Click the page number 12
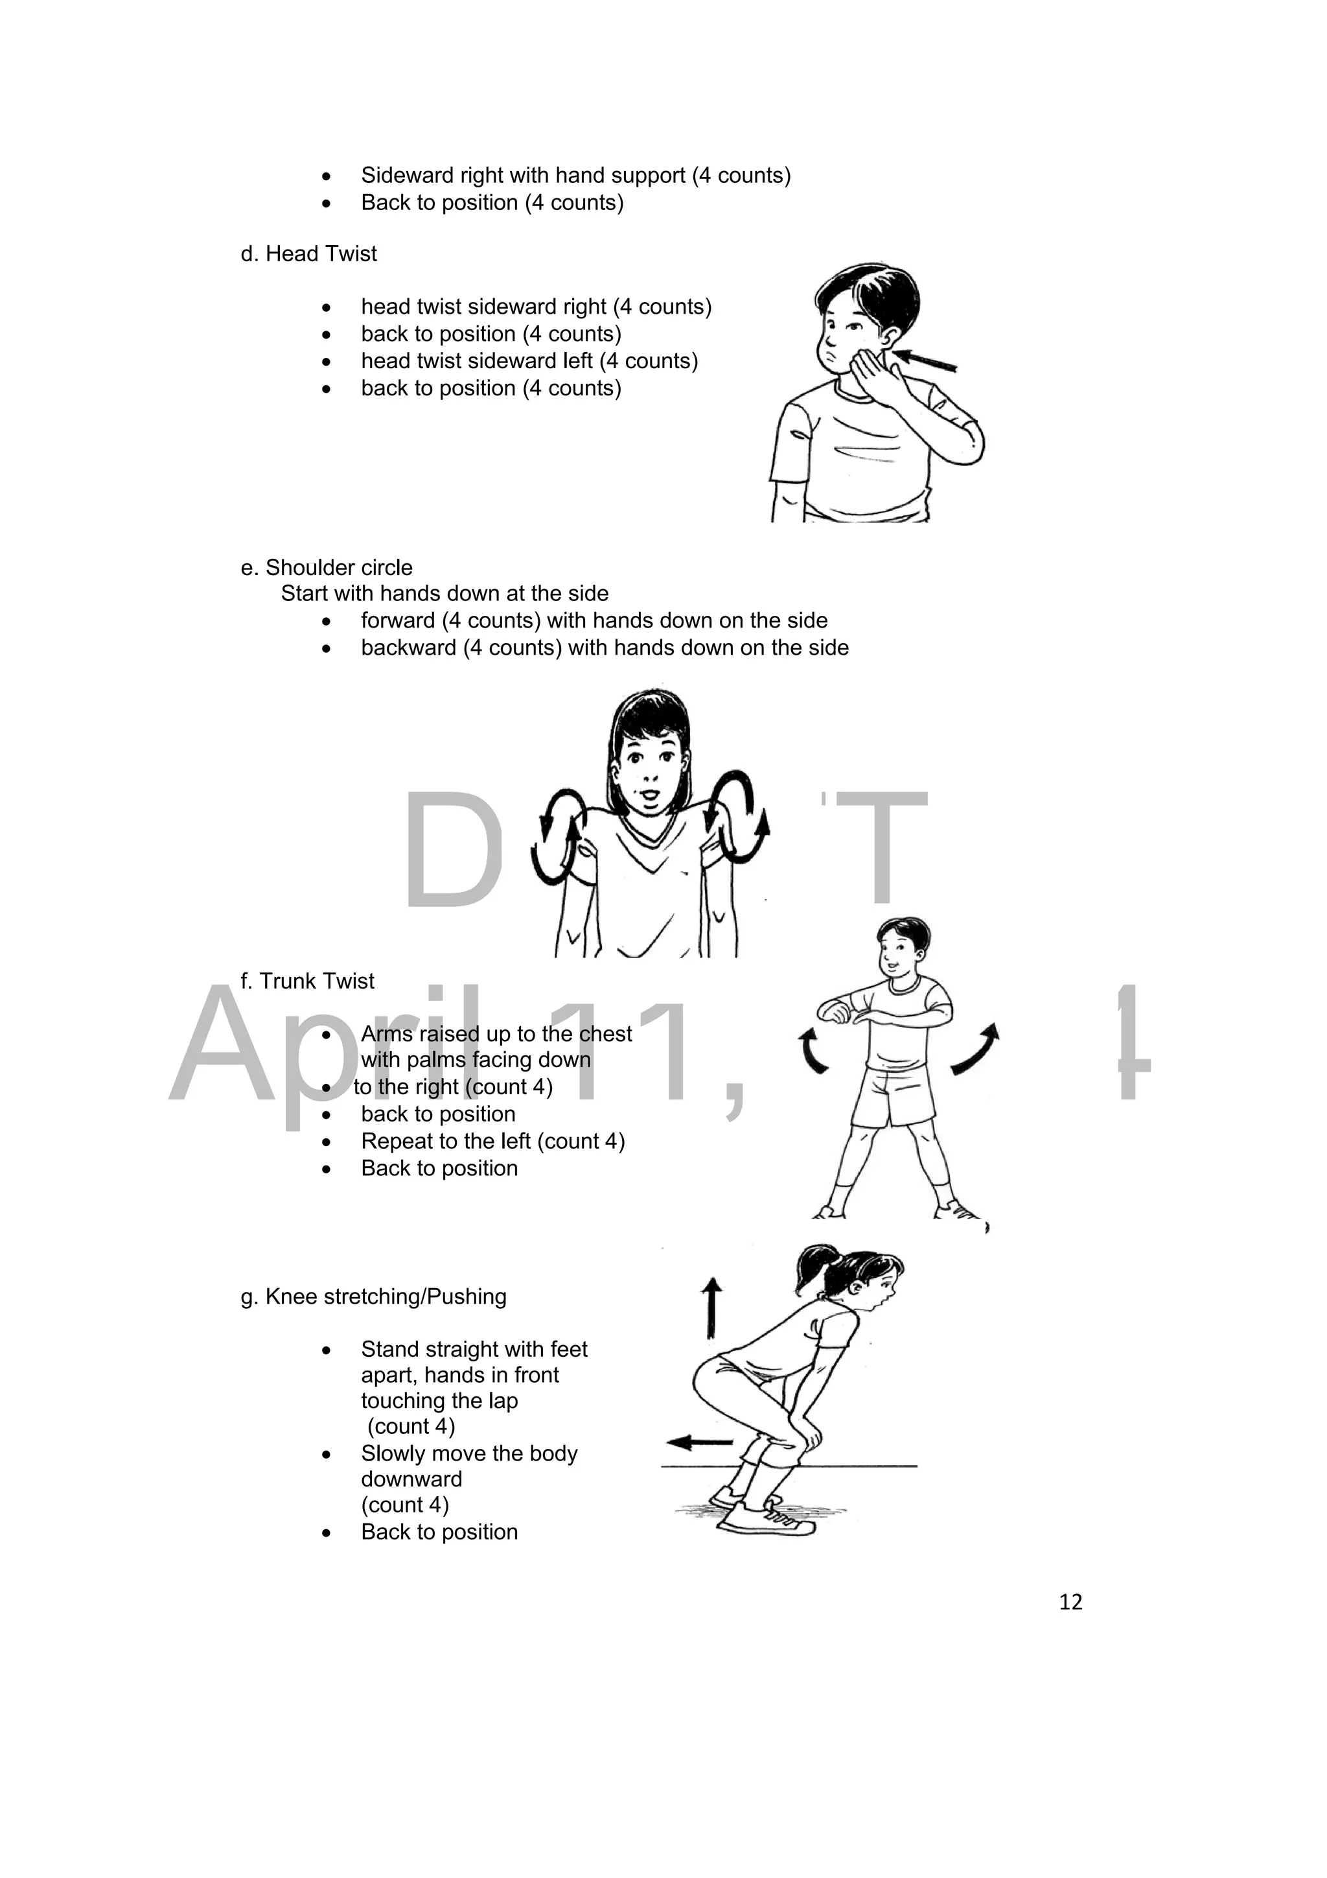click(x=1070, y=1602)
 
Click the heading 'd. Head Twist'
click(x=308, y=253)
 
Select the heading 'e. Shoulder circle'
click(x=326, y=568)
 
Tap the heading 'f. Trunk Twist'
click(x=307, y=981)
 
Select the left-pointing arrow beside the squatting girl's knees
click(x=700, y=1441)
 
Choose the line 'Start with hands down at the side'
click(x=444, y=593)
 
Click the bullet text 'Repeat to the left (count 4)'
click(x=493, y=1141)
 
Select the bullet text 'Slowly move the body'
click(x=469, y=1453)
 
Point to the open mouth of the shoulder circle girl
click(x=647, y=794)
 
